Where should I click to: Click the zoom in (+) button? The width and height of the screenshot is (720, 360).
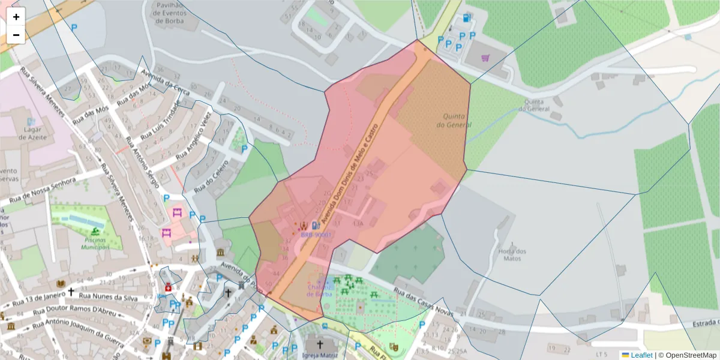(16, 17)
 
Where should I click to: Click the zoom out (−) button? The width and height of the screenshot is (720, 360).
(16, 35)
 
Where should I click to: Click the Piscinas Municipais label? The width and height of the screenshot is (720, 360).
(95, 243)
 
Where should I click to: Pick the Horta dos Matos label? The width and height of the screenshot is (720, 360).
(512, 255)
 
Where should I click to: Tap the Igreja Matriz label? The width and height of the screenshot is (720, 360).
(319, 355)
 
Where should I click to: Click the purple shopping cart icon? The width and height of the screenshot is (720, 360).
(485, 58)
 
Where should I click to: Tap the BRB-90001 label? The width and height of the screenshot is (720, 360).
(316, 235)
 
